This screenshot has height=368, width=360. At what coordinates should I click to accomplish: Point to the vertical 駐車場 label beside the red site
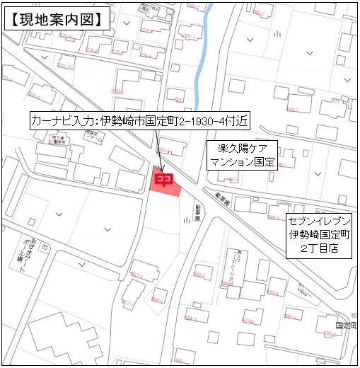pos(199,211)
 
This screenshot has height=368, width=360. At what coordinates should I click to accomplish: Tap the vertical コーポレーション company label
pos(240,266)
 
